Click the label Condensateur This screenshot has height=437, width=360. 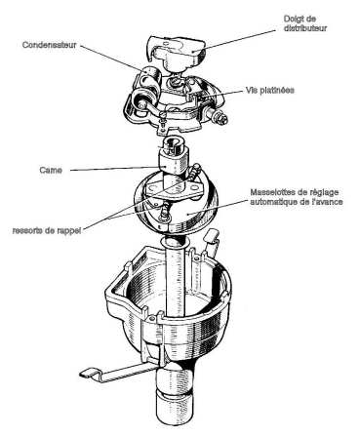tap(50, 45)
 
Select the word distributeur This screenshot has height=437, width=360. tap(305, 28)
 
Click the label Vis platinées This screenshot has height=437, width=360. tap(270, 90)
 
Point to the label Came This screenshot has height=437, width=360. tap(51, 170)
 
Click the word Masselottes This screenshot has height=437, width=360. tap(272, 192)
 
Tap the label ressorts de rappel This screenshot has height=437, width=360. tap(47, 231)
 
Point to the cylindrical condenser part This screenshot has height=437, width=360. tap(150, 78)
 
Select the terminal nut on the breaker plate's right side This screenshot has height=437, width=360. tap(220, 117)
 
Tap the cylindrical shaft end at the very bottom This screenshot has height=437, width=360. tap(176, 411)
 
